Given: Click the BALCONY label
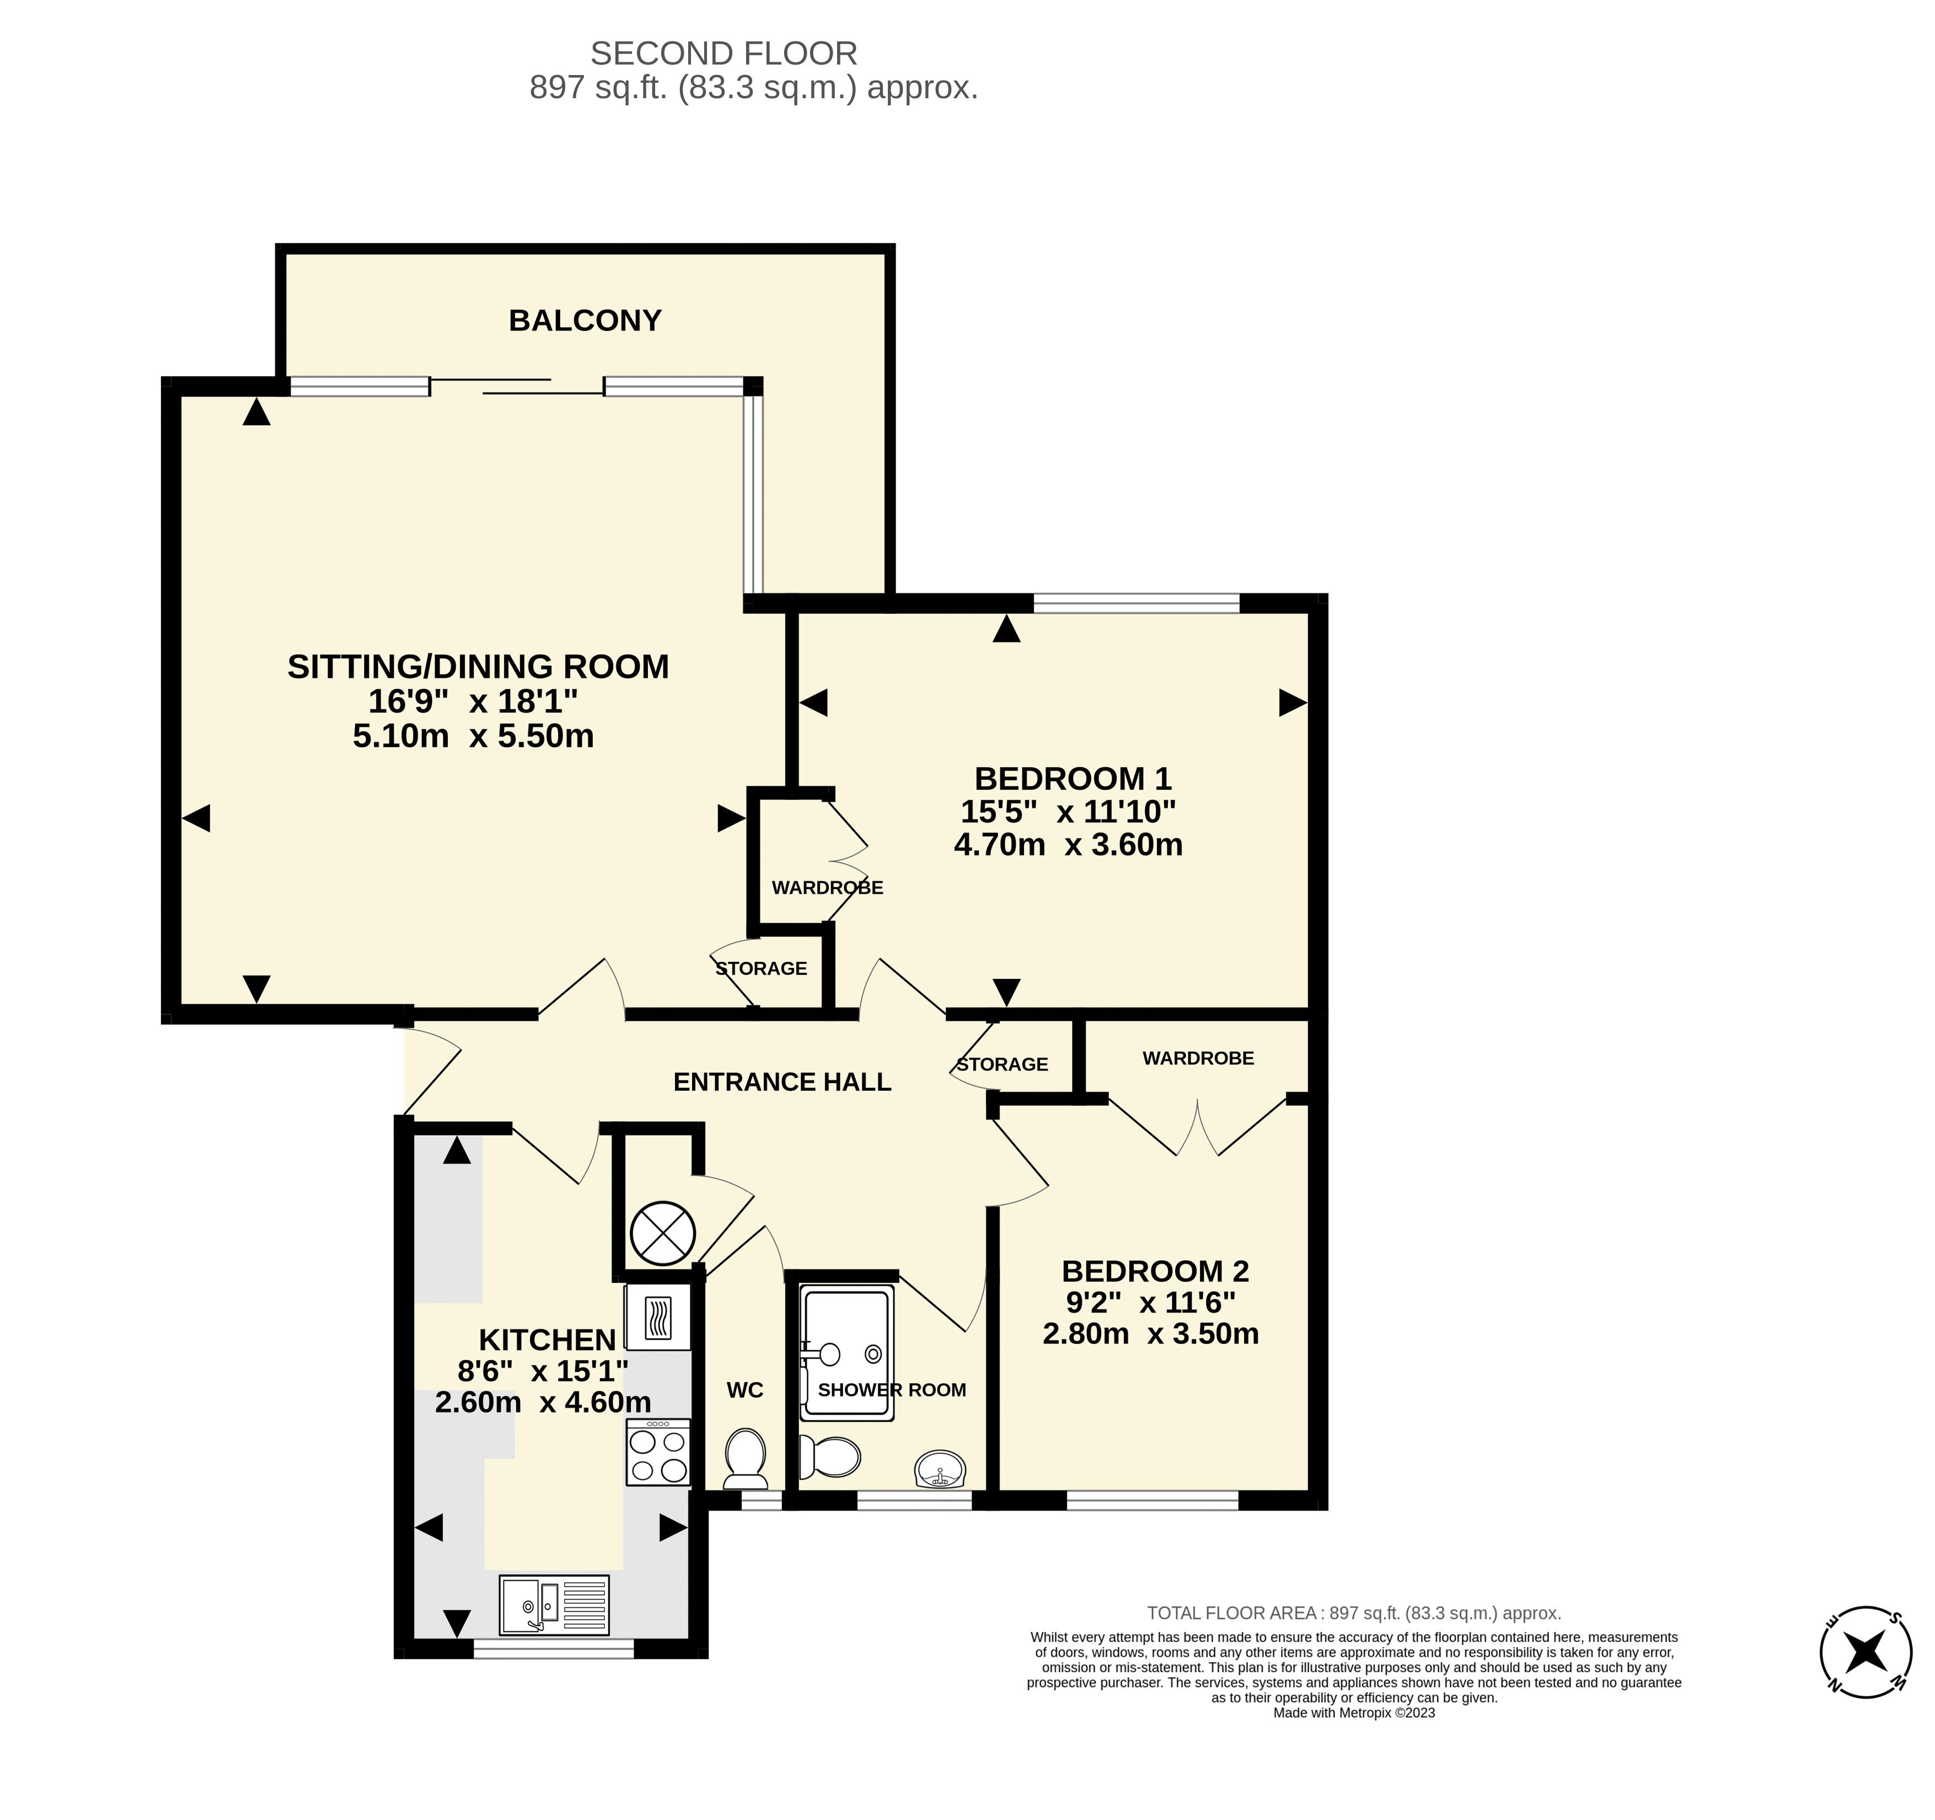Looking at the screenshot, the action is click(585, 320).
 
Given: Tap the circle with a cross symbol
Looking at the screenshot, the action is click(663, 1234).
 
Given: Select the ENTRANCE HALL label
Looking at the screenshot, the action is click(782, 1082).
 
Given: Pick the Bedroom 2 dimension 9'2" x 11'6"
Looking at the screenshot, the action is click(1150, 1302).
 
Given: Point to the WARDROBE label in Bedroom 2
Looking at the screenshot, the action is click(1198, 1058).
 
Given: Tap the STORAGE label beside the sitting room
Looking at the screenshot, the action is click(761, 968).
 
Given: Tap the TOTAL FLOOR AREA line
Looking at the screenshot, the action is click(1354, 1613).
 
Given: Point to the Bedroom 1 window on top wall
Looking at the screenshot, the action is click(1137, 602).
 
